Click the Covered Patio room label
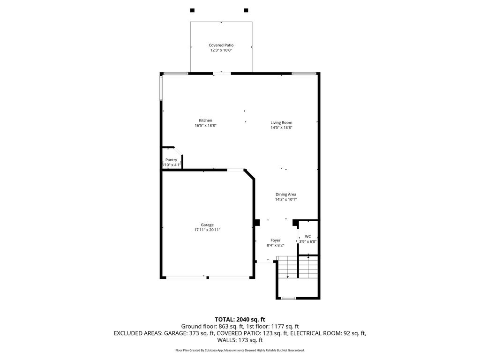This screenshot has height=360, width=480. click(x=221, y=45)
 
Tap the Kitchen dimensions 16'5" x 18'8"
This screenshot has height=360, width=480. click(x=206, y=126)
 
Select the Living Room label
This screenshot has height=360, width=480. click(x=281, y=122)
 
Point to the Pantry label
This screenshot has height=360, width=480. click(x=171, y=160)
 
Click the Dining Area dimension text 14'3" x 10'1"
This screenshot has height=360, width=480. click(x=286, y=199)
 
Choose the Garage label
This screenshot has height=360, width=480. click(x=207, y=225)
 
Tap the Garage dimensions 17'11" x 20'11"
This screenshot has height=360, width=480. click(x=207, y=230)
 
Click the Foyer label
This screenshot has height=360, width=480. click(x=276, y=240)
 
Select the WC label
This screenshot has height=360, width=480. click(x=307, y=236)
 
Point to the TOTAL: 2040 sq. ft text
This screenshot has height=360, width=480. click(x=240, y=320)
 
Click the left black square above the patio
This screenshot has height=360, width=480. click(x=192, y=10)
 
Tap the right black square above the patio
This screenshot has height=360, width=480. click(x=246, y=10)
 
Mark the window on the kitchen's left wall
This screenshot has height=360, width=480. click(x=161, y=88)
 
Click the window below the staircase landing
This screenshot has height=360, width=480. click(x=288, y=298)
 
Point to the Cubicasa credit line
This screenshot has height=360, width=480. click(x=240, y=350)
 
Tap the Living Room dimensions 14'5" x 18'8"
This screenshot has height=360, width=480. click(x=281, y=127)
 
